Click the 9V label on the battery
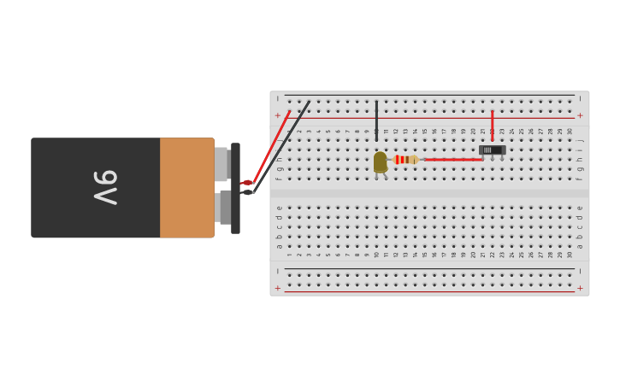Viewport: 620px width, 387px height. [105, 187]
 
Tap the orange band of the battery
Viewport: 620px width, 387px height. [186, 187]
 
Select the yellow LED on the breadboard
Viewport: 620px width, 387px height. [380, 161]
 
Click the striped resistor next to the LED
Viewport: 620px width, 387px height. [404, 160]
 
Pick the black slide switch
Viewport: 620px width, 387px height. [492, 150]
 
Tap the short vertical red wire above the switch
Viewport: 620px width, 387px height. [492, 125]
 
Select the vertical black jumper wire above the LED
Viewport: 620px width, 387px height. [376, 120]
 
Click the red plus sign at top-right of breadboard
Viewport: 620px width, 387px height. [580, 115]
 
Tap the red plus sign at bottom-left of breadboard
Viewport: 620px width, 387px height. [277, 288]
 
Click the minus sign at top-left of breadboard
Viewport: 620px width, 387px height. [277, 99]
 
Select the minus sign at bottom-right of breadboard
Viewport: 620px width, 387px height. [580, 272]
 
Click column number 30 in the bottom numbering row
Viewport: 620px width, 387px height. [570, 255]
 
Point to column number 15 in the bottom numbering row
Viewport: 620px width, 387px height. [424, 255]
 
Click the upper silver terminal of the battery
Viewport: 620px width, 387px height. [221, 164]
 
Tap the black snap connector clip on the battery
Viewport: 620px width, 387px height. [235, 188]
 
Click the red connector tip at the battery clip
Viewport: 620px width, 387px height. [246, 183]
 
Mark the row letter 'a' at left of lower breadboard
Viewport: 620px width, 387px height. [279, 246]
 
